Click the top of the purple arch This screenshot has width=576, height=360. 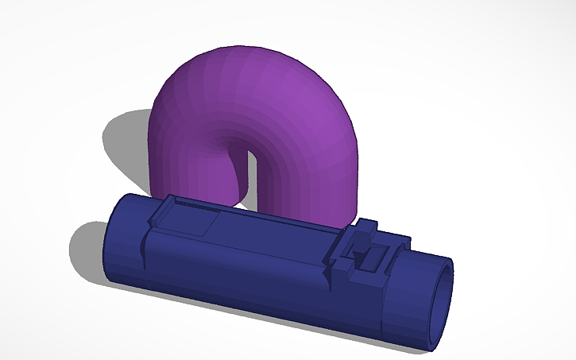(254, 68)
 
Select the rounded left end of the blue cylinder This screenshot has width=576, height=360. (119, 238)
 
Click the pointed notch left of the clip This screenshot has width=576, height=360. (327, 278)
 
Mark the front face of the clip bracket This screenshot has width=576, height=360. (365, 275)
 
